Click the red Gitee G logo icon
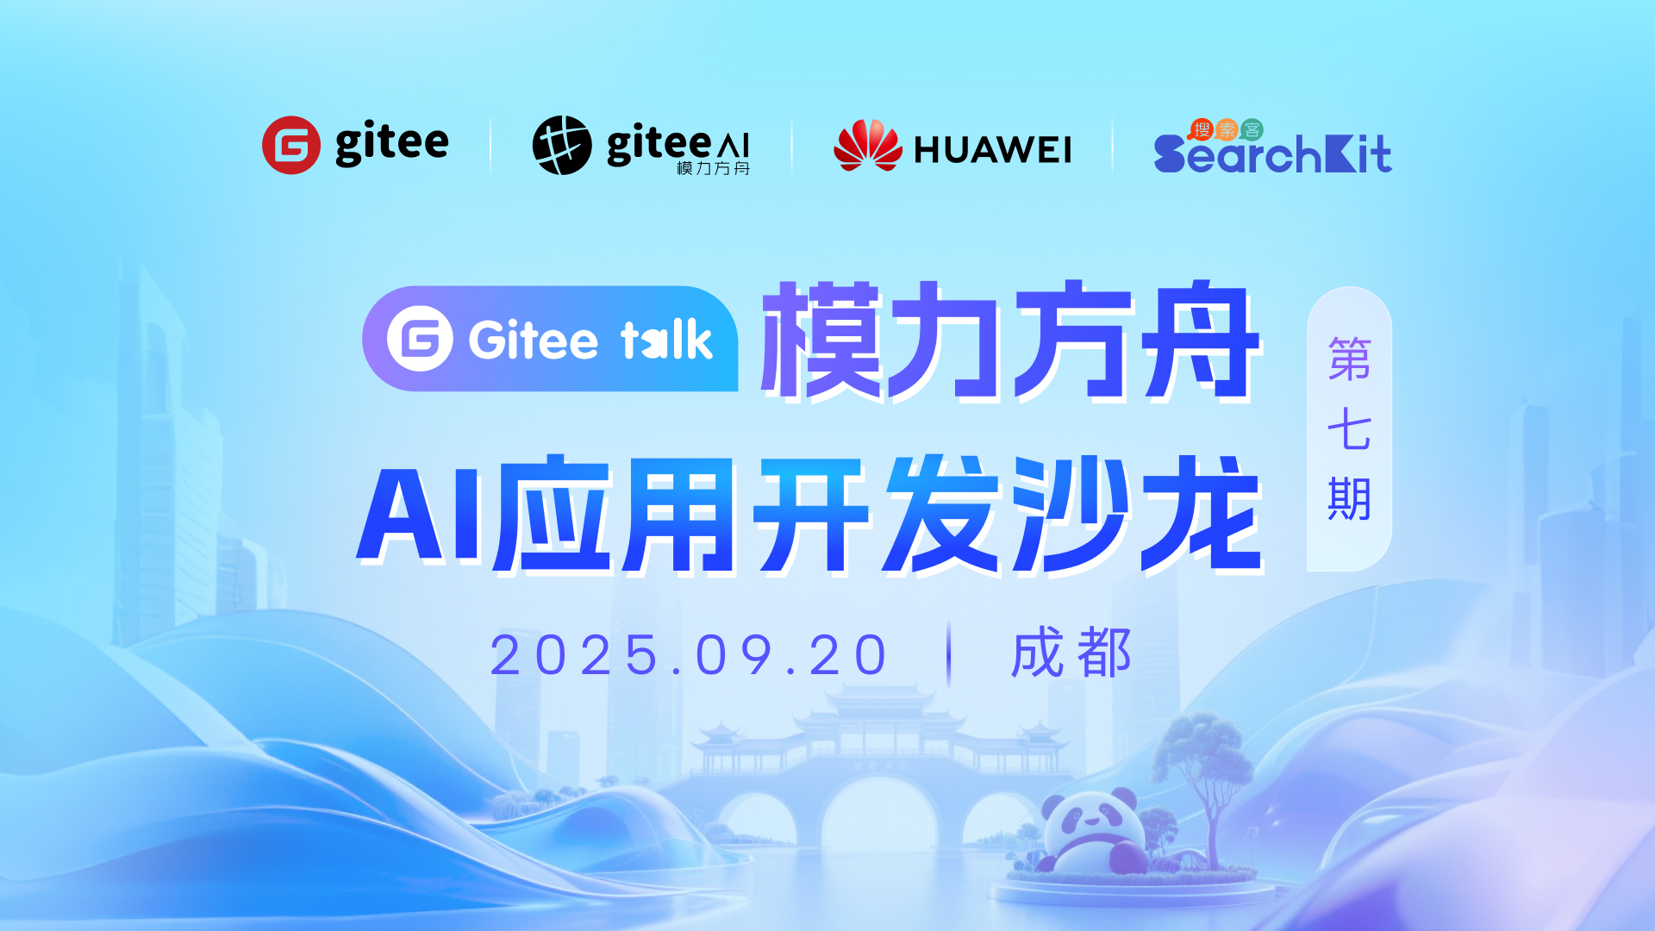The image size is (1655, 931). click(291, 145)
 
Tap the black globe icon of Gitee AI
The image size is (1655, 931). click(562, 145)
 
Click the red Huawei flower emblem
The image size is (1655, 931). click(867, 145)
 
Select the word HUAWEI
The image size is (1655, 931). click(992, 150)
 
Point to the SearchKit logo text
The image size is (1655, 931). click(1272, 153)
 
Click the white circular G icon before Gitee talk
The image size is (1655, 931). click(420, 339)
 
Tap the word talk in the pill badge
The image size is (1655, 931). click(666, 340)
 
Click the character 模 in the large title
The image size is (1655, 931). click(823, 340)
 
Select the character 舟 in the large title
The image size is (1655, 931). click(1202, 340)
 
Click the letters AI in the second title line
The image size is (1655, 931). click(420, 515)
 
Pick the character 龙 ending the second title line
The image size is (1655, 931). click(1202, 515)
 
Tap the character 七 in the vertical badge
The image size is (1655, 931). click(1349, 429)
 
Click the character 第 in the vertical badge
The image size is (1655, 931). click(1349, 359)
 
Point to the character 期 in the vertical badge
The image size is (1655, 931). click(1349, 499)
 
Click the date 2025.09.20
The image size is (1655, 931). click(689, 655)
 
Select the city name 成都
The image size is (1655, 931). click(1071, 653)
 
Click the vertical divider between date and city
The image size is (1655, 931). click(949, 653)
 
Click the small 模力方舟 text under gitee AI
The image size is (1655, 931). click(713, 168)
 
